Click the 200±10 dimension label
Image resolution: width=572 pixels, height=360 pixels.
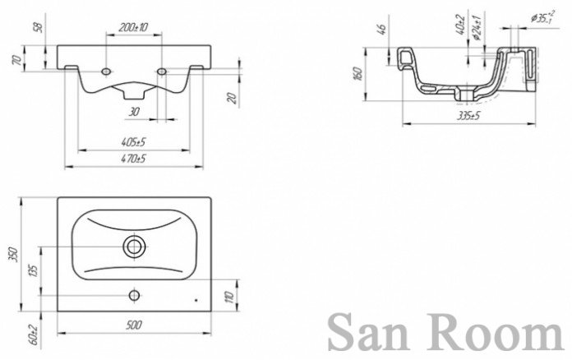coord(132,28)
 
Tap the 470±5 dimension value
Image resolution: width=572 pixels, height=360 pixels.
coord(134,158)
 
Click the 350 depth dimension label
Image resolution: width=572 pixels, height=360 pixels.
coord(12,256)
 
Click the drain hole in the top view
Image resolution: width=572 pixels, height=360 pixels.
coord(133,245)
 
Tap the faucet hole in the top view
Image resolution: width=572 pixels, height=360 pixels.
coord(133,293)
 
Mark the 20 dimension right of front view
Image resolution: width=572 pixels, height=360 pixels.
coord(232,99)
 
